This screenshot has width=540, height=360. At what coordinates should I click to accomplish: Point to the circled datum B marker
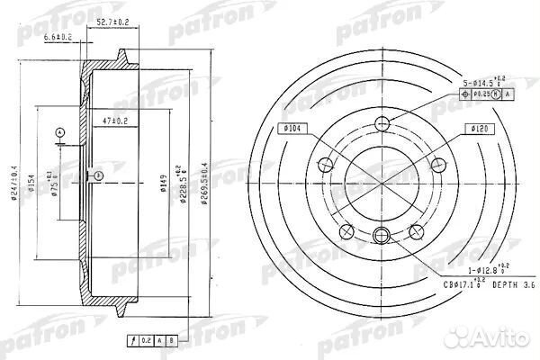pyautogui.click(x=97, y=175)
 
